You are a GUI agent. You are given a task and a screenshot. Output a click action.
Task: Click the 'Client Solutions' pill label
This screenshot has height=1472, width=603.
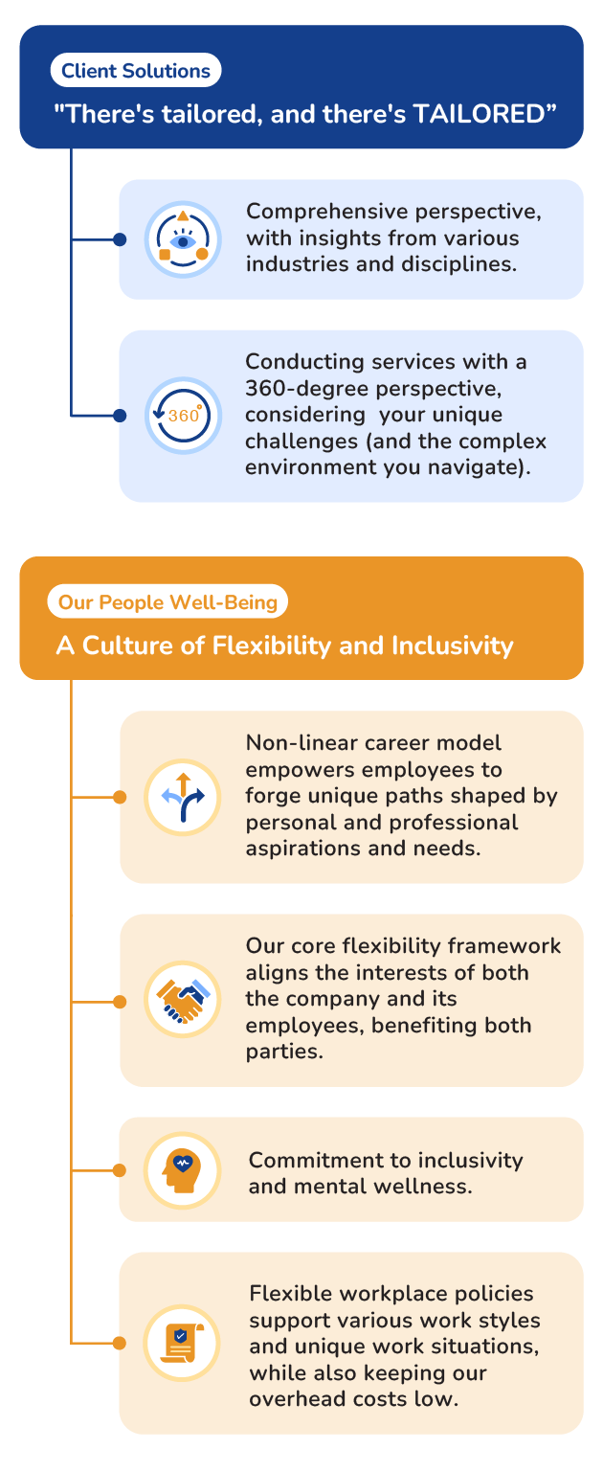point(136,70)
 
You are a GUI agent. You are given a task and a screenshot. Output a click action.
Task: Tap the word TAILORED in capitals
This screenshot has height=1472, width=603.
point(479,114)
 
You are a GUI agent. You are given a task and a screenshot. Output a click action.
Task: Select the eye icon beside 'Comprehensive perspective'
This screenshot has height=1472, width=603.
point(183,239)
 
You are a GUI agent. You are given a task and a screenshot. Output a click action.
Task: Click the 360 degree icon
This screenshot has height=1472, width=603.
point(183,416)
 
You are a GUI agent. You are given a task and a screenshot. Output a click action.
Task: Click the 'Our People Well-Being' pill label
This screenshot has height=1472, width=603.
point(167,601)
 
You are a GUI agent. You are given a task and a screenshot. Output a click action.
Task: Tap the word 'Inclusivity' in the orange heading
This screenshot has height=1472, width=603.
point(453,645)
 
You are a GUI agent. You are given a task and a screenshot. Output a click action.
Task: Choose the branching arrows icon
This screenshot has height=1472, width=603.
point(183,797)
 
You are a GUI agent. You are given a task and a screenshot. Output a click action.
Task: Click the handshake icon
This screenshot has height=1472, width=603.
point(183,1000)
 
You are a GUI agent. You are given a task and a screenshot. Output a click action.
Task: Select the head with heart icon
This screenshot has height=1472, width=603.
point(183,1170)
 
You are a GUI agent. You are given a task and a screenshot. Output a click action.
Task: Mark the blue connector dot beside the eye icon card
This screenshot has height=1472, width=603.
point(120,239)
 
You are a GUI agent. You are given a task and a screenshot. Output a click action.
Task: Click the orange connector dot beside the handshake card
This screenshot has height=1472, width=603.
point(120,1002)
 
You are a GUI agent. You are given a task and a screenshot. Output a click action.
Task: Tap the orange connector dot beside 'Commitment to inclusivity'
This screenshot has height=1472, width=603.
point(120,1170)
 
